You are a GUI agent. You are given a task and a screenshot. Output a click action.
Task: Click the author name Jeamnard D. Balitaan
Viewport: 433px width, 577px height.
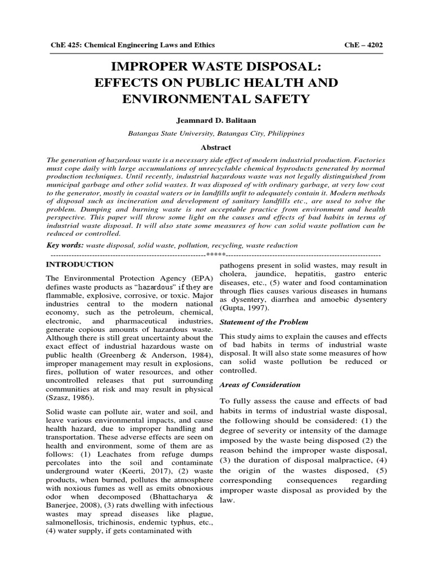pos(216,120)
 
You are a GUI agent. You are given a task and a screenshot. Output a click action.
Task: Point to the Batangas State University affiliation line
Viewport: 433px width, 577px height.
pos(216,134)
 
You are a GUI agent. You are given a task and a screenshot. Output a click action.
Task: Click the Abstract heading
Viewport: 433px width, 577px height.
pos(216,148)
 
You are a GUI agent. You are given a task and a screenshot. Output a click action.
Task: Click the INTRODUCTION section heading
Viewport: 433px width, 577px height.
pos(79,264)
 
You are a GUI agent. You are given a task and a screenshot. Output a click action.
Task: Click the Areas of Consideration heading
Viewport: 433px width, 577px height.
pos(260,385)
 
